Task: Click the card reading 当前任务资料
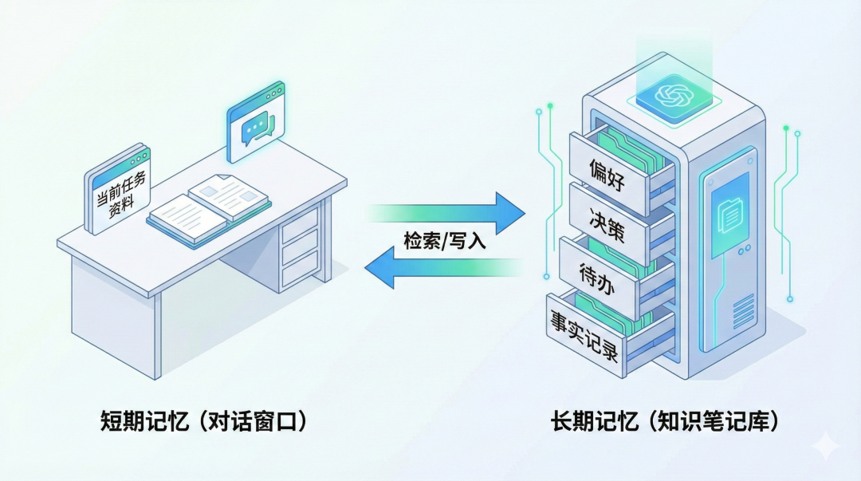[x=117, y=191]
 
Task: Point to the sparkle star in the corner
[x=828, y=447]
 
